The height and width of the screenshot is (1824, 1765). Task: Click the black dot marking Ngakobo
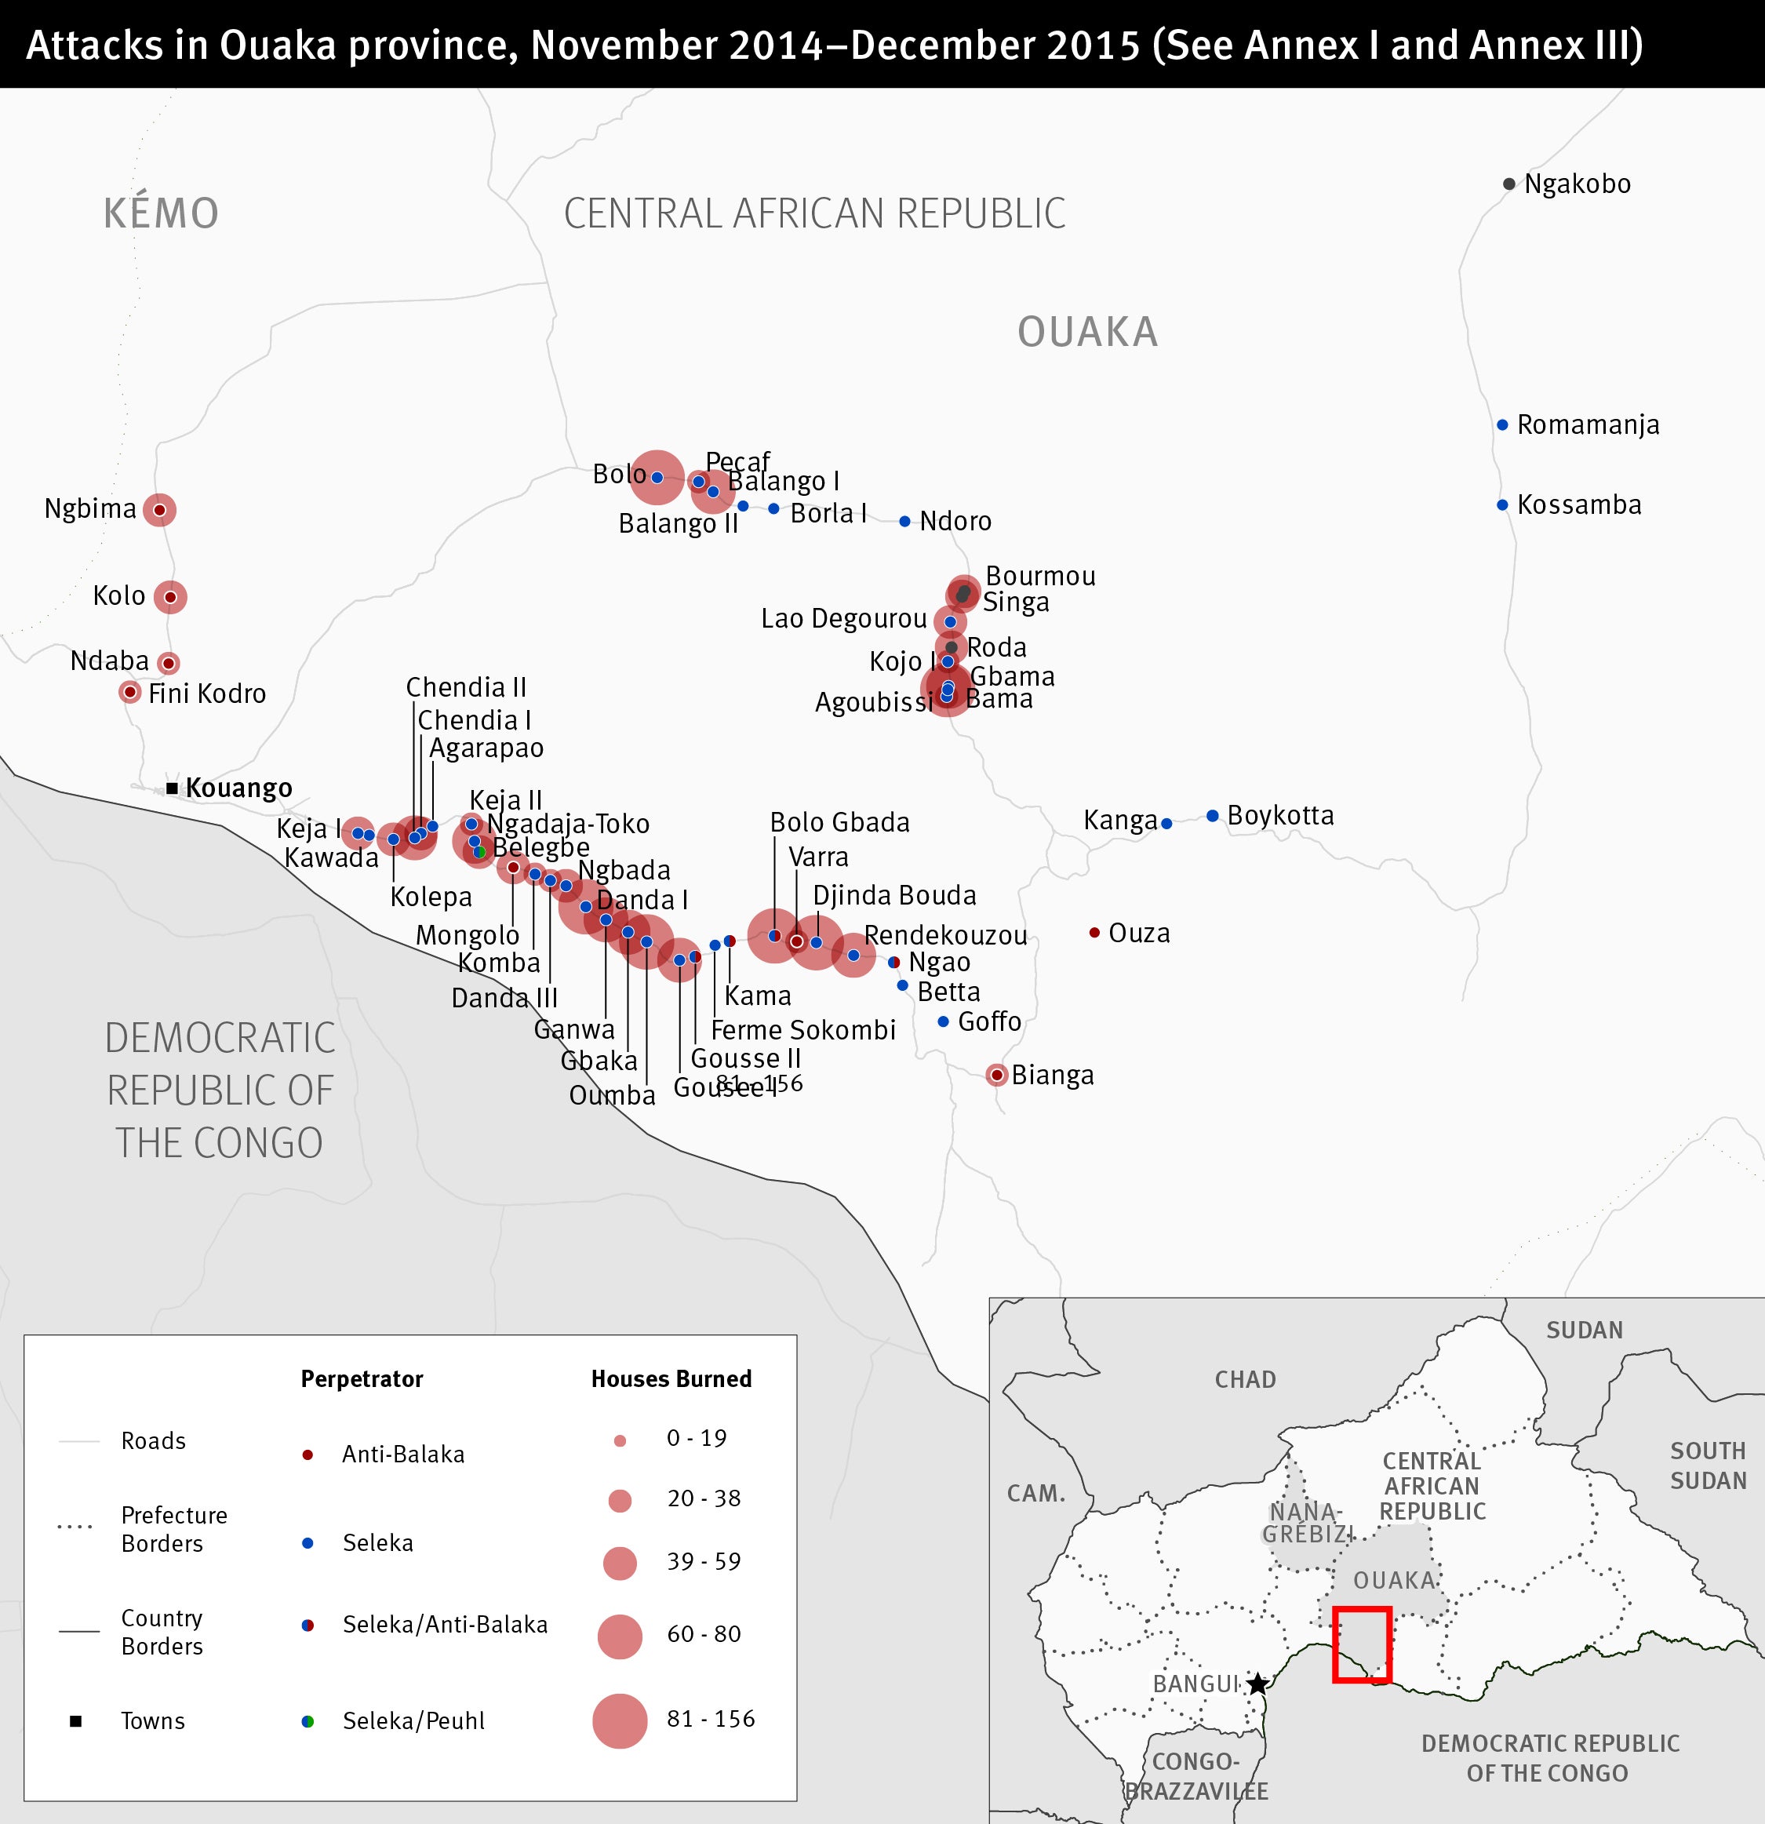(x=1508, y=184)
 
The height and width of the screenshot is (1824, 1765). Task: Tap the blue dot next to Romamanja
(x=1501, y=425)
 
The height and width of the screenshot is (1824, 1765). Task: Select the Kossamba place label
(x=1579, y=505)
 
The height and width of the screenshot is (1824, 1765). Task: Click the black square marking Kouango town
(x=172, y=788)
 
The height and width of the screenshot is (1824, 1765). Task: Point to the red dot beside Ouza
(x=1094, y=933)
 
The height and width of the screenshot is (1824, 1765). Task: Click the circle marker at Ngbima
(x=159, y=510)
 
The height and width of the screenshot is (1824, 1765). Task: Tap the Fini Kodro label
(x=206, y=694)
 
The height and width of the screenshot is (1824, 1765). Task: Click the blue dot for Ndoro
(x=904, y=521)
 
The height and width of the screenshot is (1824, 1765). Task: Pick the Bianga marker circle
(x=996, y=1076)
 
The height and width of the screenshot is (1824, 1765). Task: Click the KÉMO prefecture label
(x=161, y=213)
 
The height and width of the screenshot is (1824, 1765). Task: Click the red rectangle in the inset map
(x=1361, y=1644)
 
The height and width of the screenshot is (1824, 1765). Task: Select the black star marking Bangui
(x=1257, y=1684)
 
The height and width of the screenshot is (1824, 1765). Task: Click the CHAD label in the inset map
(x=1245, y=1379)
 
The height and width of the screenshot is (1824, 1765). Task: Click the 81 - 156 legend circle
(x=619, y=1720)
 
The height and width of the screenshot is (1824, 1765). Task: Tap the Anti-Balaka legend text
(x=403, y=1454)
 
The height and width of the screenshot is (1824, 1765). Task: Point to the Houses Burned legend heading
(x=671, y=1379)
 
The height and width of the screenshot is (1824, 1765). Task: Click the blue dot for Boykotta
(x=1212, y=816)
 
